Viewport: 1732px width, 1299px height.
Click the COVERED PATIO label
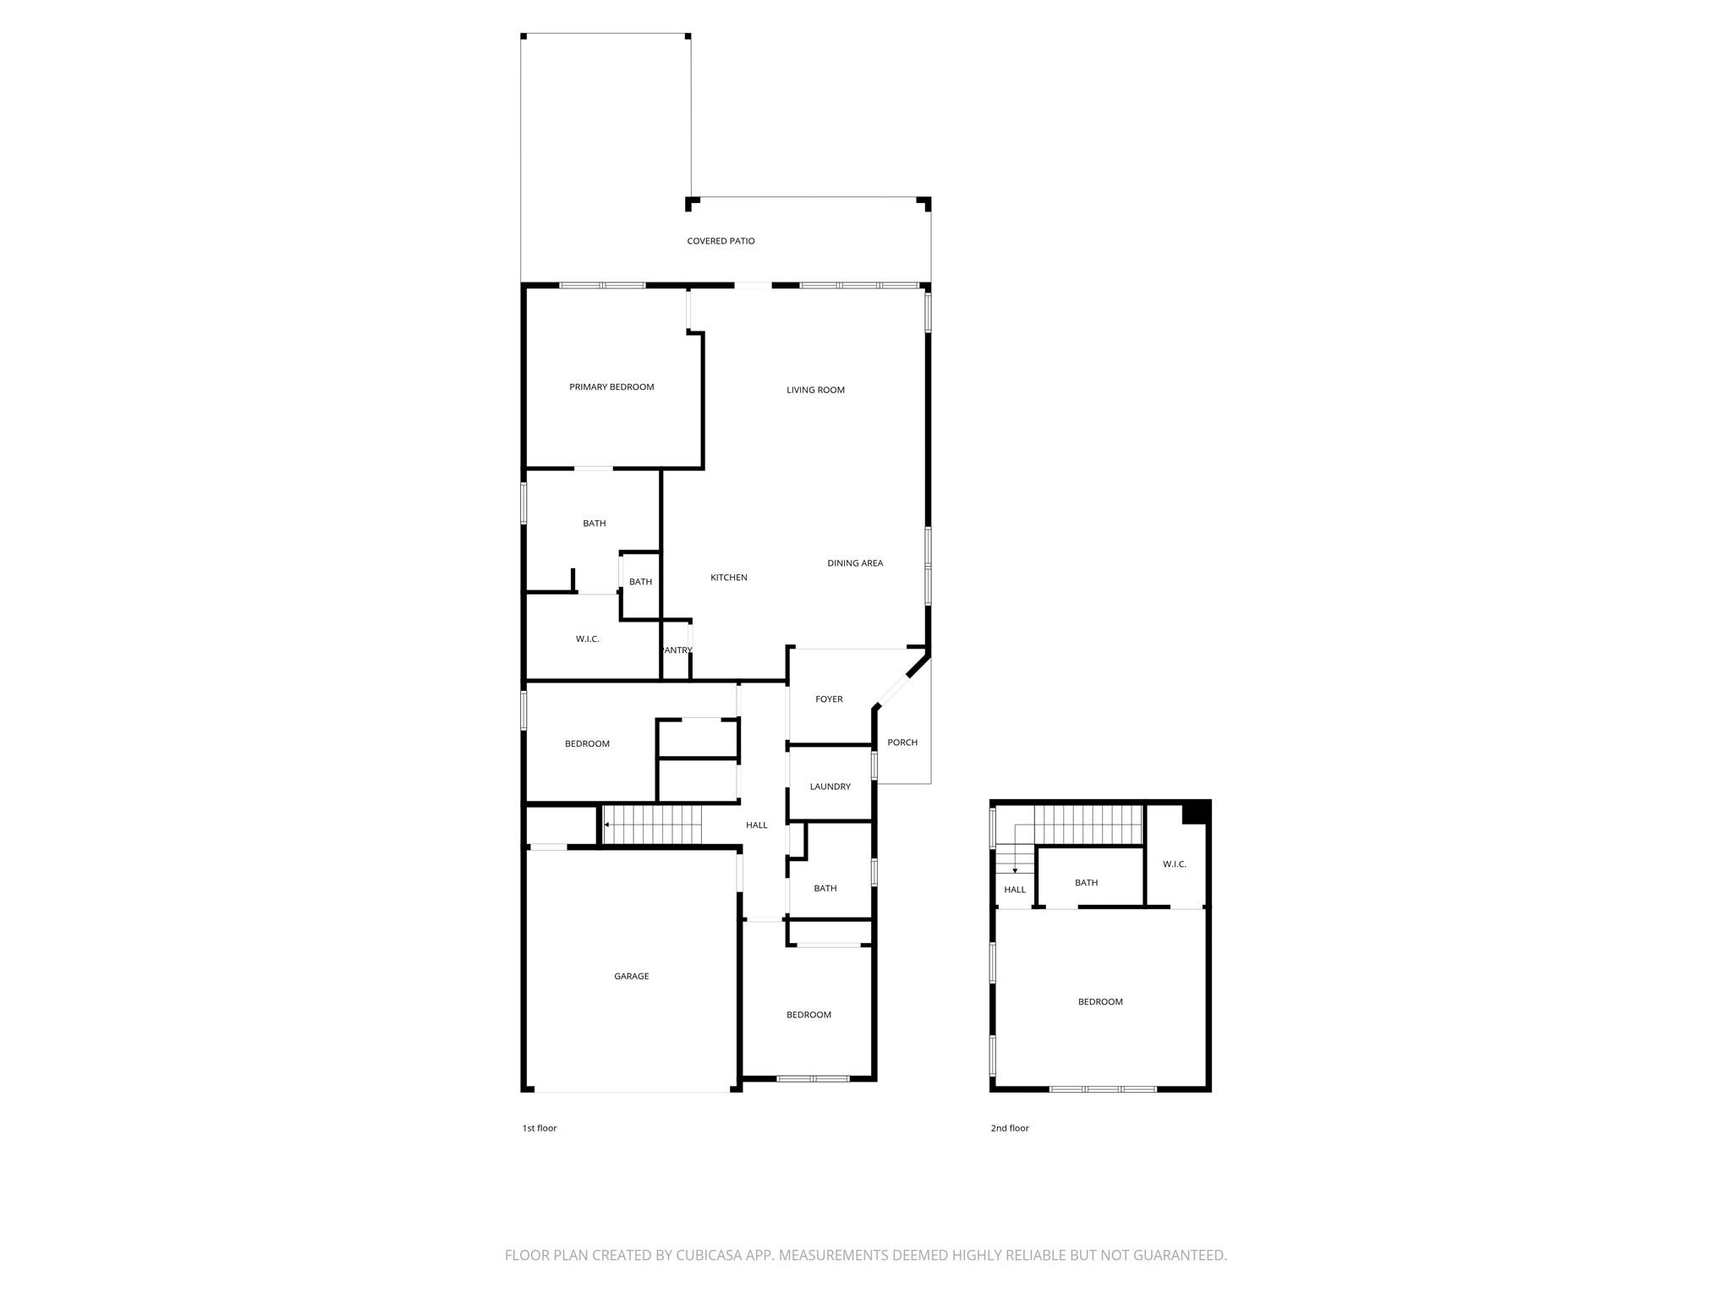point(721,241)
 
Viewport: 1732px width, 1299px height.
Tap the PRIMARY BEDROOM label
point(611,387)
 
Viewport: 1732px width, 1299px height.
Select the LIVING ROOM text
point(815,390)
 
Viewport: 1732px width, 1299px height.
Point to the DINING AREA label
point(855,563)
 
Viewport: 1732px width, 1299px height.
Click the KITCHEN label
point(728,578)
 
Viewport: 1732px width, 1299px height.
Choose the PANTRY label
point(677,650)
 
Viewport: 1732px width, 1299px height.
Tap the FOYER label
point(829,699)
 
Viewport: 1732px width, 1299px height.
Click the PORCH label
point(902,743)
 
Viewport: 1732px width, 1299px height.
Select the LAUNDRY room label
point(830,787)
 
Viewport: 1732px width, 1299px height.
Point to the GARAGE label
point(631,976)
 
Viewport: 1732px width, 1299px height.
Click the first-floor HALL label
point(756,825)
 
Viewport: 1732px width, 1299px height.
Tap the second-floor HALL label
point(1015,890)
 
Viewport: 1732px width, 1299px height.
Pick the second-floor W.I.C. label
point(1174,864)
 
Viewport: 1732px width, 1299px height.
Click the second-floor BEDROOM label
point(1100,1002)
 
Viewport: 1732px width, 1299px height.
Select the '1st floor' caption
point(540,1128)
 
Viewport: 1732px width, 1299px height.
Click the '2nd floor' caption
point(1010,1128)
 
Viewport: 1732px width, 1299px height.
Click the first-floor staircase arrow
point(607,825)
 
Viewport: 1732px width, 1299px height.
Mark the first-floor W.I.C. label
point(587,639)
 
